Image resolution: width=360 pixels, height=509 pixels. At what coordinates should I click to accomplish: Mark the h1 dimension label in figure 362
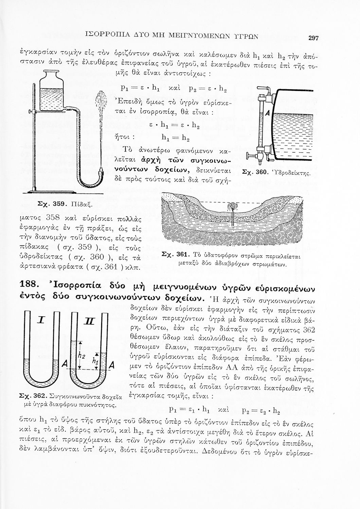(95, 362)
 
